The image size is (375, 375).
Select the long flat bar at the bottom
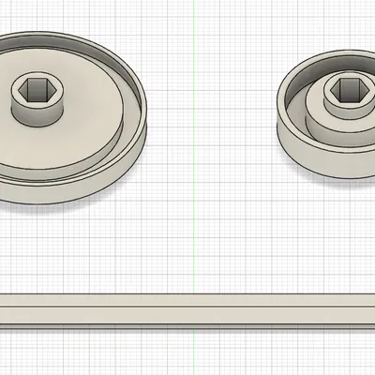tap(187, 310)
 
